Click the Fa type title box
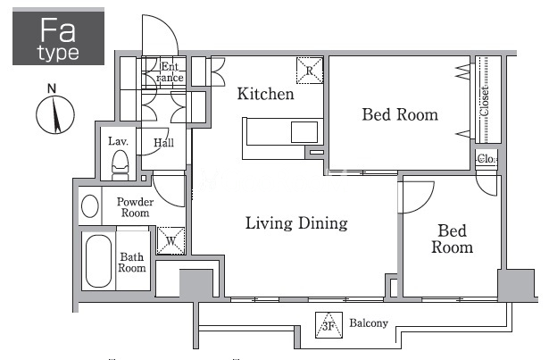59,38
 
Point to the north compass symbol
55,113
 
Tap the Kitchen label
265,94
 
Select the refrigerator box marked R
310,71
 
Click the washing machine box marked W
171,241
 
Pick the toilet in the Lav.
121,164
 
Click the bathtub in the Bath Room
99,261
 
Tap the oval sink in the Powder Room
90,206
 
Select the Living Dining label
296,223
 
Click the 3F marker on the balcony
329,326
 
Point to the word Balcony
369,322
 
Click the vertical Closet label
484,101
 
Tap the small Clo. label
487,159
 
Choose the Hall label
163,143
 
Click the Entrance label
171,71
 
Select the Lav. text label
118,141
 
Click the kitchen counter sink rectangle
304,132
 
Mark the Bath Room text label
131,263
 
